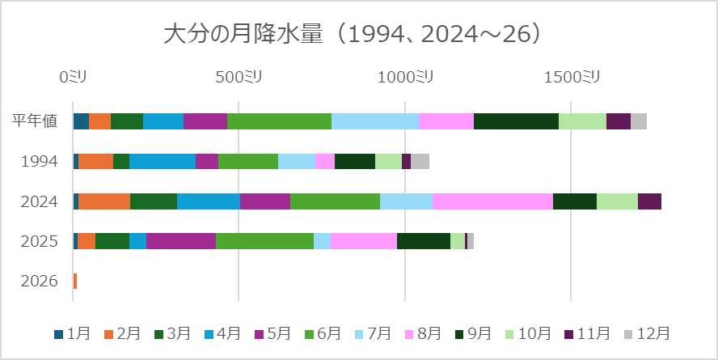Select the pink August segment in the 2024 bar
(x=492, y=201)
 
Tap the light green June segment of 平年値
(x=279, y=121)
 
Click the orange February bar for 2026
(x=75, y=282)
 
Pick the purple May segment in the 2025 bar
(x=181, y=241)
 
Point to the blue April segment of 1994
(x=162, y=161)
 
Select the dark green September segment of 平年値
(x=516, y=121)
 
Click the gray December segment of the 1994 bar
(x=420, y=161)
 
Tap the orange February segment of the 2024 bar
(x=104, y=201)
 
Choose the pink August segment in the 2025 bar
(x=364, y=241)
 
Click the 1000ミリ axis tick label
(x=405, y=77)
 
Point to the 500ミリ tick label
(x=239, y=77)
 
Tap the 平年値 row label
(x=34, y=121)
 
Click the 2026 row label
(x=39, y=282)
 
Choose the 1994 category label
(x=39, y=161)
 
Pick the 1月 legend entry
(x=72, y=333)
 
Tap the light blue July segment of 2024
(x=406, y=201)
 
